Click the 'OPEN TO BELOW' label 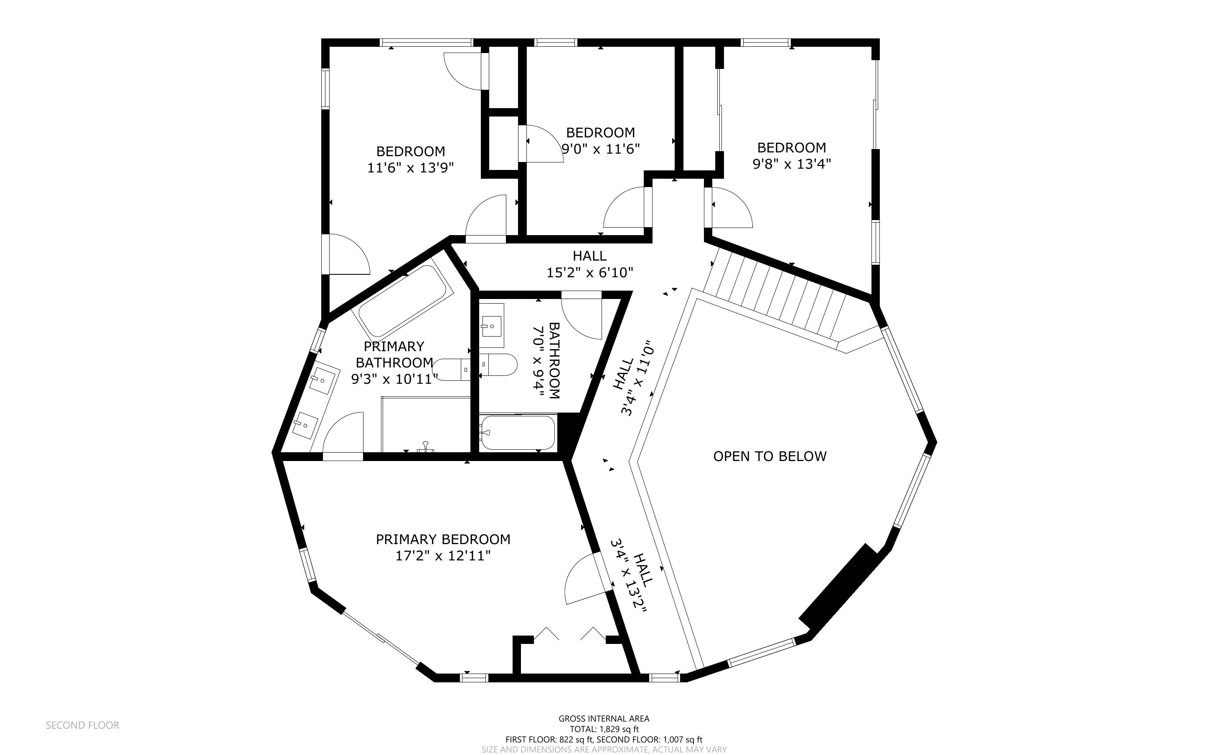(x=770, y=456)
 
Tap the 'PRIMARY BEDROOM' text (x=443, y=539)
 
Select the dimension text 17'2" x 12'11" (x=443, y=556)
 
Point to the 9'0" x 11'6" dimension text (x=600, y=149)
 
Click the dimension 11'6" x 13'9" (x=411, y=168)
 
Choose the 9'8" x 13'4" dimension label (x=792, y=164)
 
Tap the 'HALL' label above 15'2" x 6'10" (x=590, y=256)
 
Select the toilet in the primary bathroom (x=452, y=370)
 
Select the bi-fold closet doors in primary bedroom (x=569, y=634)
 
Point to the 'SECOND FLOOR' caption (x=82, y=725)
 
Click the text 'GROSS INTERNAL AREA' (x=604, y=719)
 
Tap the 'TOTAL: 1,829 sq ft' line (x=604, y=729)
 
